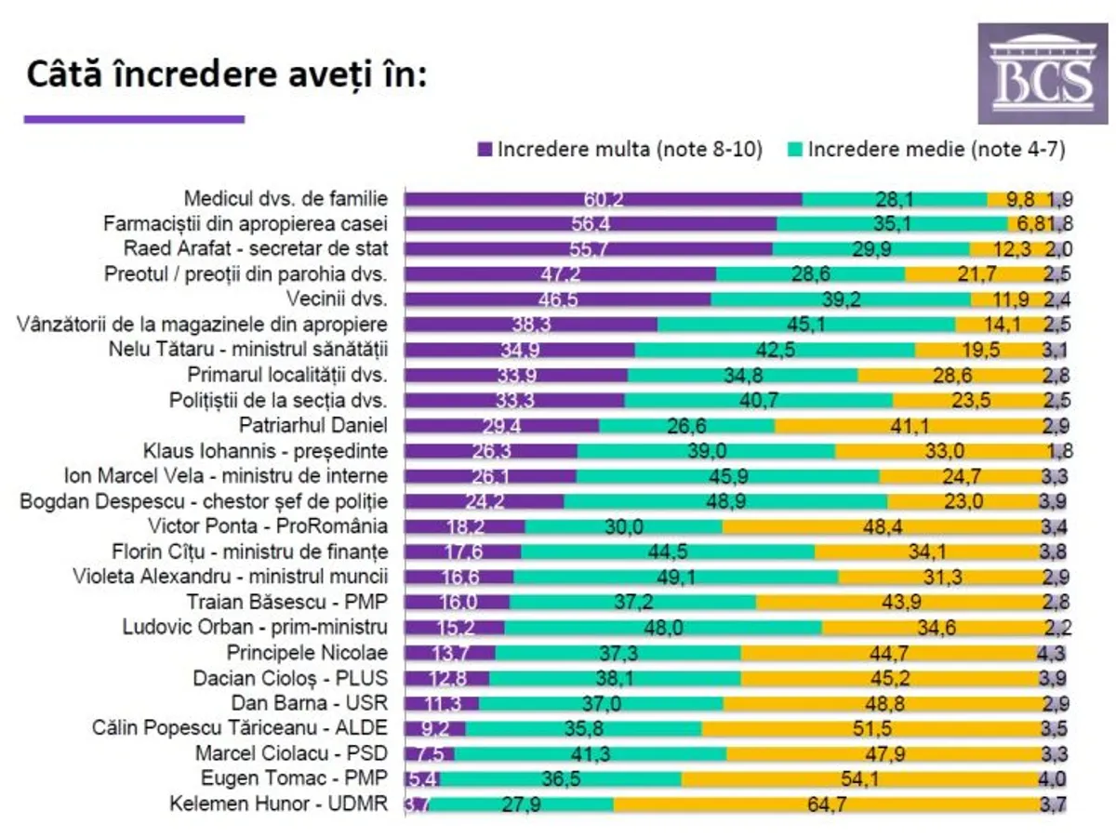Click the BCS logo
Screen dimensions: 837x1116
[1042, 74]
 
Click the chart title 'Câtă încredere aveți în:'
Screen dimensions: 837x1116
[226, 73]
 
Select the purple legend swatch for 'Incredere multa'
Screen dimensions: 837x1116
[485, 149]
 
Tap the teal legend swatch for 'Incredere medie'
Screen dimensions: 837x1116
[795, 149]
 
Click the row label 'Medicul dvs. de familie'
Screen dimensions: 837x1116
[286, 198]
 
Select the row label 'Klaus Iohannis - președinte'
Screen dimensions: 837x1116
[265, 451]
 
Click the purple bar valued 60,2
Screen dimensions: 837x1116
[603, 198]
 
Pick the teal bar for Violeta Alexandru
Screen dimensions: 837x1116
[675, 577]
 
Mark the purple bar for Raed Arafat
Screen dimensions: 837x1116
[588, 248]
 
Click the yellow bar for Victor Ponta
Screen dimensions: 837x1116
[879, 526]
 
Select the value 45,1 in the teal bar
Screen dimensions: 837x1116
[806, 325]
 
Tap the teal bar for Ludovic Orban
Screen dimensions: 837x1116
[663, 627]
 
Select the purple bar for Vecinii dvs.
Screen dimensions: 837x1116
[557, 299]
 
